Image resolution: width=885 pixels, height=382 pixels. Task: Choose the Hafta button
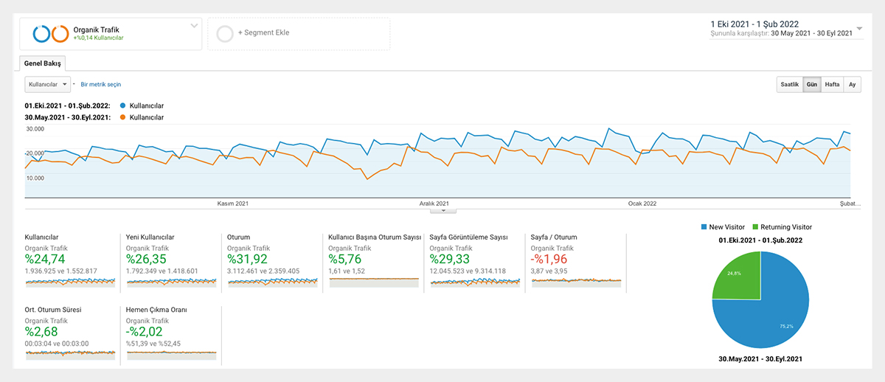(x=832, y=84)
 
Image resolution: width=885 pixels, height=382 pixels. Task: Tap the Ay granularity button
(x=852, y=84)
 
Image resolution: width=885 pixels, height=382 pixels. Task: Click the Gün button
(x=811, y=84)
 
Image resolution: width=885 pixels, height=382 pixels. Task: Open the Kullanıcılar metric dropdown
(x=47, y=85)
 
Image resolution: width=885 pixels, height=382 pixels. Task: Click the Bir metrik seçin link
(x=100, y=85)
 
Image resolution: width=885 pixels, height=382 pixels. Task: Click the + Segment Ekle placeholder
(x=263, y=34)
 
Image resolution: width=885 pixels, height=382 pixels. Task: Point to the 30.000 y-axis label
(x=35, y=129)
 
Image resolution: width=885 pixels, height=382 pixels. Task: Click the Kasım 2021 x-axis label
(x=232, y=204)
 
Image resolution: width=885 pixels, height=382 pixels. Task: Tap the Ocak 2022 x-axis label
(x=642, y=204)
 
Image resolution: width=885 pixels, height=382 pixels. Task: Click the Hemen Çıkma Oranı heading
(x=156, y=310)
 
